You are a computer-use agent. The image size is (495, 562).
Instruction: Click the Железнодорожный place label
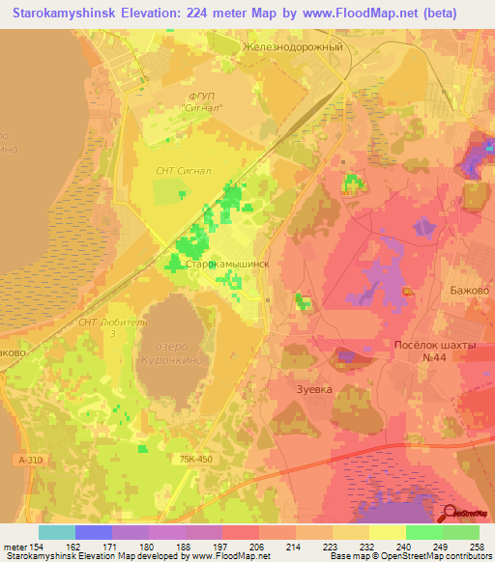[294, 45]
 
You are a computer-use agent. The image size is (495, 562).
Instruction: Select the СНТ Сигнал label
[184, 169]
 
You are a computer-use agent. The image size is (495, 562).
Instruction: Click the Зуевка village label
[312, 389]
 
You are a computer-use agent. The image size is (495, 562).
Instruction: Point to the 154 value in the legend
[40, 547]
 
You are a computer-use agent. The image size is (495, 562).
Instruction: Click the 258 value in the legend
[477, 547]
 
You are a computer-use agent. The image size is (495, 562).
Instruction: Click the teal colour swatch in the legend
[57, 531]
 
